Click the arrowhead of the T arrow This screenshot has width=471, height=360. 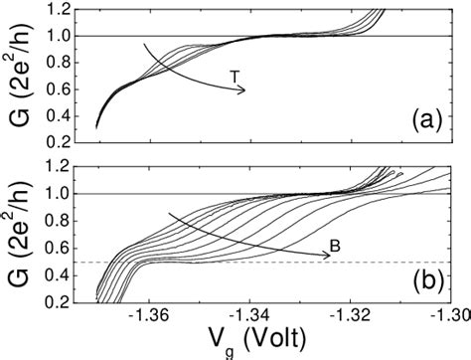coord(241,90)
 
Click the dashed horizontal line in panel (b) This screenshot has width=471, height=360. coord(397,263)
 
